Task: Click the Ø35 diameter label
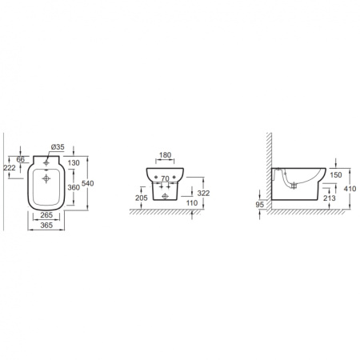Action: (x=58, y=146)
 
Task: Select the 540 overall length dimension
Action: (x=88, y=183)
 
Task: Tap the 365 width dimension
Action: (x=46, y=225)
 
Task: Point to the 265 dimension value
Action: (x=46, y=215)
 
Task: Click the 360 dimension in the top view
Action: (x=74, y=187)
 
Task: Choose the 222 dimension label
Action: (x=10, y=168)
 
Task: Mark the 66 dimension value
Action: (x=21, y=159)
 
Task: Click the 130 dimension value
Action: (x=74, y=162)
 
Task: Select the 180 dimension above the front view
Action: (x=165, y=155)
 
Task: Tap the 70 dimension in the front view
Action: (x=165, y=178)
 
